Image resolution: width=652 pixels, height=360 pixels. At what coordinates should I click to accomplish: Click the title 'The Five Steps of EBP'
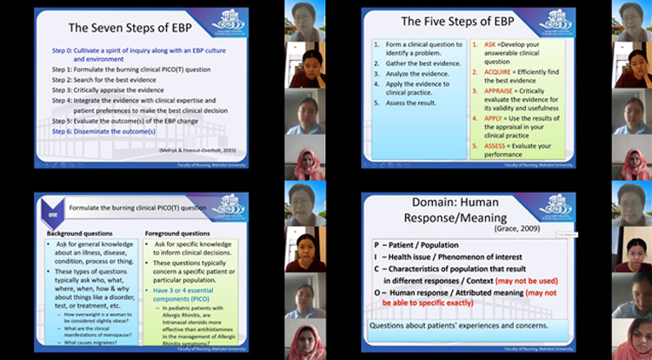tap(456, 21)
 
